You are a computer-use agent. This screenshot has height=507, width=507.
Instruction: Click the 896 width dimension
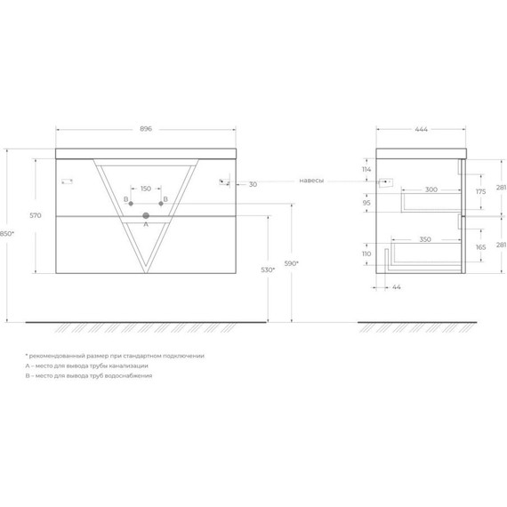(146, 128)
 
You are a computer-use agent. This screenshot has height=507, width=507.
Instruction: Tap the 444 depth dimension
(421, 128)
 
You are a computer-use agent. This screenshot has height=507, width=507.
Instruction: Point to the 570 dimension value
(36, 214)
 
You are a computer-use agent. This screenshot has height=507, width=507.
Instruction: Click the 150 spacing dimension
(146, 189)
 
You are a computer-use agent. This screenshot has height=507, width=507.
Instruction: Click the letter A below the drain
(146, 225)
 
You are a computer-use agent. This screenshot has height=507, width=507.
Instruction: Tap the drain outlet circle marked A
(146, 214)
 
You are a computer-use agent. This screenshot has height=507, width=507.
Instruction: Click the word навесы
(310, 181)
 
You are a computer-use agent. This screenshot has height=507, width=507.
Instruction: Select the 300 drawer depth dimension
(430, 189)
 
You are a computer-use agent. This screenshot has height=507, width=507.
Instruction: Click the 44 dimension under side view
(396, 286)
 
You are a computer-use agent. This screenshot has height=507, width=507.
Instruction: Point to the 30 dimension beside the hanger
(253, 184)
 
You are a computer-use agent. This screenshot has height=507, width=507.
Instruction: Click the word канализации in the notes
(125, 366)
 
